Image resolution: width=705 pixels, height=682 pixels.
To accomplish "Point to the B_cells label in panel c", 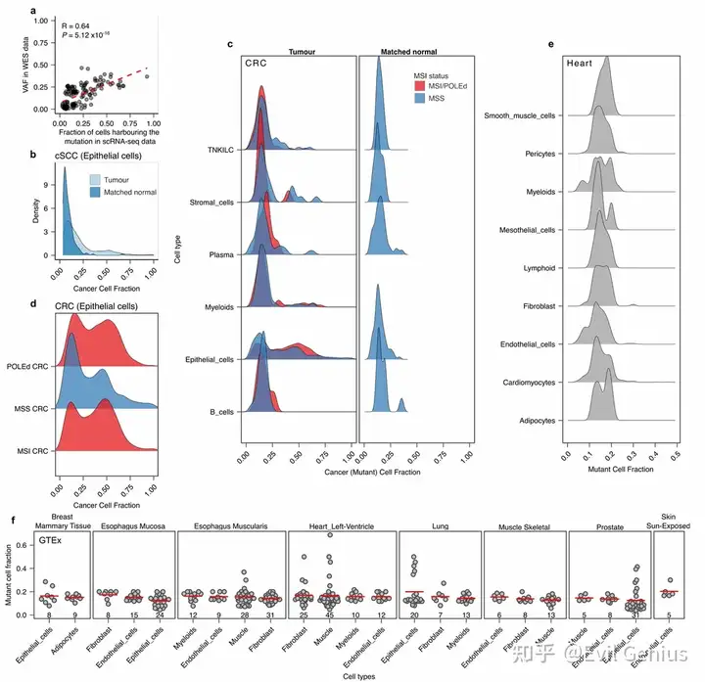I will point(219,413).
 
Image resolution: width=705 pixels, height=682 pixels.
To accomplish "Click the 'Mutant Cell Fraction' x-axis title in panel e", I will point(620,470).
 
